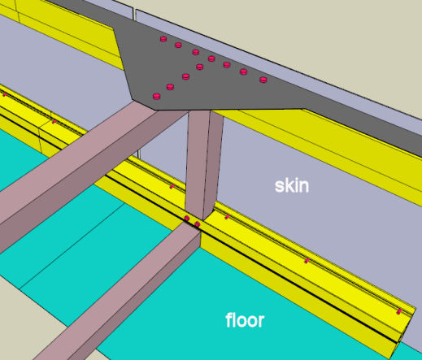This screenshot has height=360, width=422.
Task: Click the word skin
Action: (x=292, y=186)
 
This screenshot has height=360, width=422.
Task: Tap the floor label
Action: (x=245, y=320)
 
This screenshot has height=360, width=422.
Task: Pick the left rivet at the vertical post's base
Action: (x=187, y=218)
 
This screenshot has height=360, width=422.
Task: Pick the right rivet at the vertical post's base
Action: (x=198, y=224)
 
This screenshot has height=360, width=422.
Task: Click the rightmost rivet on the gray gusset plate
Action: (x=263, y=80)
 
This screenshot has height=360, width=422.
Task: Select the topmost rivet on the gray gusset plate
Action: (x=163, y=39)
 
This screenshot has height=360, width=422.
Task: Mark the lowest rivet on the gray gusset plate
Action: (x=157, y=96)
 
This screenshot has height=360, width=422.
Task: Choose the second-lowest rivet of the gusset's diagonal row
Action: (x=170, y=87)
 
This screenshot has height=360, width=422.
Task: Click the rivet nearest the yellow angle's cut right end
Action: (x=399, y=311)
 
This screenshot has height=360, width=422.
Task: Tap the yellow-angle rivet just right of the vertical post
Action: (x=228, y=217)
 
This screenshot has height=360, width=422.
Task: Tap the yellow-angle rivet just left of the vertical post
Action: (x=172, y=186)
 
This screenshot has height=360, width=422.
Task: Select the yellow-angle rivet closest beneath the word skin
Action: (x=307, y=261)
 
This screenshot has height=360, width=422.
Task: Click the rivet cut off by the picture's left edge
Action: (x=5, y=94)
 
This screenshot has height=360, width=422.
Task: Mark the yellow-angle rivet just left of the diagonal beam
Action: (x=54, y=122)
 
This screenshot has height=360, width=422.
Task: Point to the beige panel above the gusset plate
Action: (x=298, y=41)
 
